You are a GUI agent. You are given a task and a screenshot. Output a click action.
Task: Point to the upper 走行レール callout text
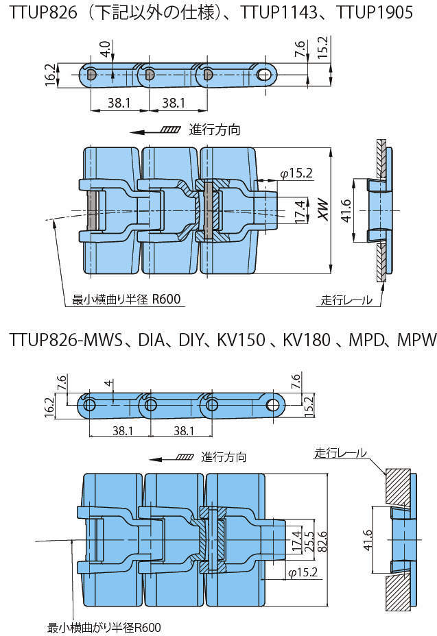[x=346, y=299]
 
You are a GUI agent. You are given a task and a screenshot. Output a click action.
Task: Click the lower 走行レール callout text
[x=340, y=453]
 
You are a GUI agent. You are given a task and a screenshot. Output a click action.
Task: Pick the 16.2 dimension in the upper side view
[x=49, y=74]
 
